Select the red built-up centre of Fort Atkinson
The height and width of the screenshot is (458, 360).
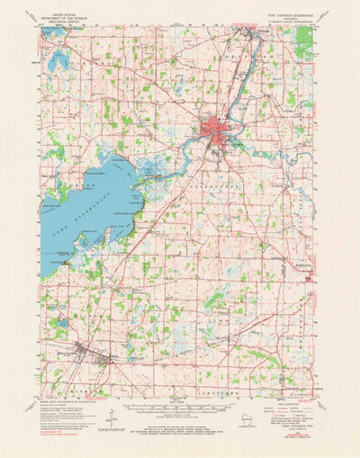[x=216, y=126]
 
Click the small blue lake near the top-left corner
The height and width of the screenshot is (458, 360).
[x=58, y=61]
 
